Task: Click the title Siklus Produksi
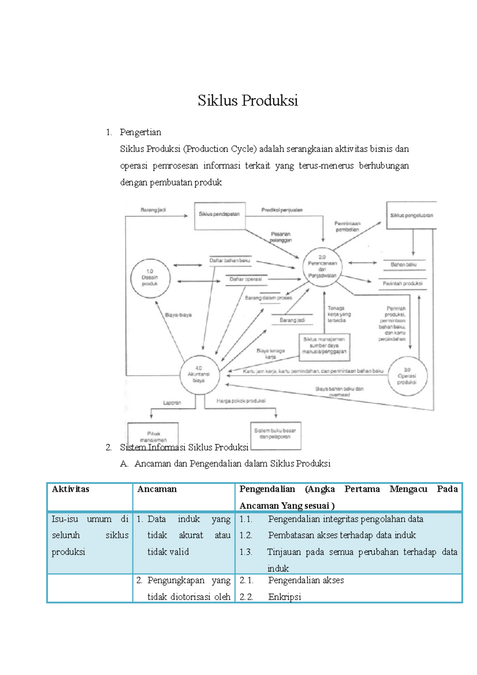tap(248, 101)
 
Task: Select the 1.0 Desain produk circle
tap(150, 278)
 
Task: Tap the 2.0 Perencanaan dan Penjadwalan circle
tap(322, 266)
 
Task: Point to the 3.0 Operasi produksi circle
tap(407, 376)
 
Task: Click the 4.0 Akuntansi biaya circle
tap(199, 374)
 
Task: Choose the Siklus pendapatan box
tap(219, 215)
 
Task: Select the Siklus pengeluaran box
tap(411, 215)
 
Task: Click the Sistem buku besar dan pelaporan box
tap(275, 434)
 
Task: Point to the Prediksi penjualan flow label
tap(282, 210)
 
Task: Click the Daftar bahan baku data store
tap(230, 260)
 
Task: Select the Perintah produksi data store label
tap(402, 283)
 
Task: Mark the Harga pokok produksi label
tap(241, 401)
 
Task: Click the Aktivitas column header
tap(70, 489)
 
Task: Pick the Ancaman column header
tap(157, 489)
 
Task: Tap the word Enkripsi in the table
tap(285, 597)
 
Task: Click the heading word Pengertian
tap(140, 132)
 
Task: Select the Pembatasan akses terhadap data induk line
tap(342, 535)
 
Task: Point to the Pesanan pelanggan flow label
tap(281, 237)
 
